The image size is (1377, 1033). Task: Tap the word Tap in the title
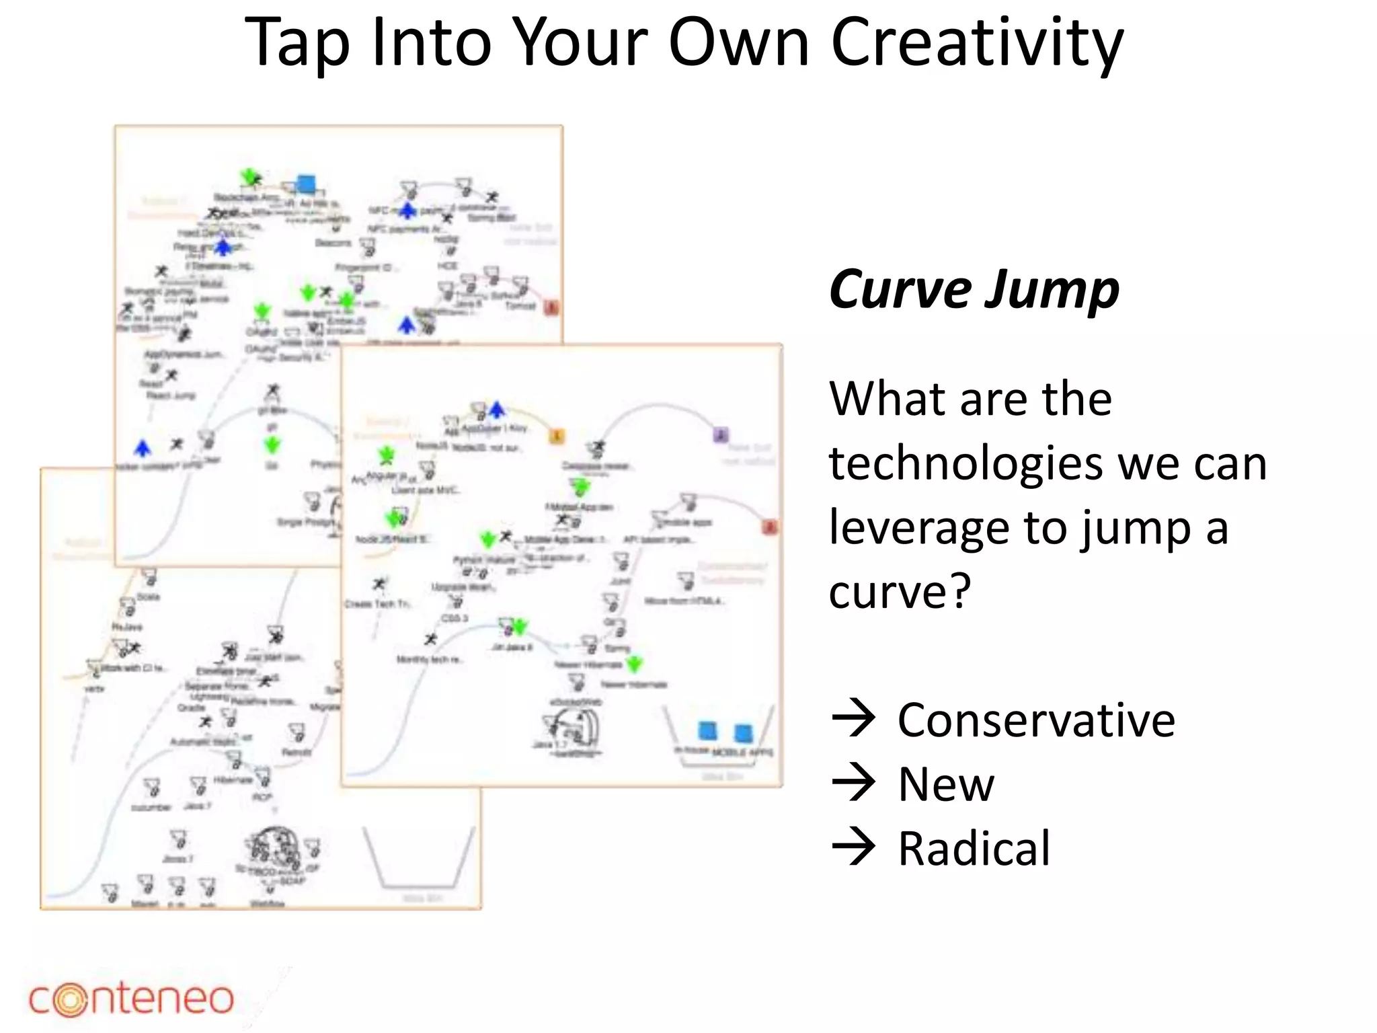click(297, 43)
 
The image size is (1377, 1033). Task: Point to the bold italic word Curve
click(900, 290)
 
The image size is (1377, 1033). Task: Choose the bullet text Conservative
click(1036, 720)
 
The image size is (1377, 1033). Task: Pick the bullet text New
click(945, 784)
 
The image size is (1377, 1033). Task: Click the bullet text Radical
click(974, 849)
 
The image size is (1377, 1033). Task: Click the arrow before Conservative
click(853, 719)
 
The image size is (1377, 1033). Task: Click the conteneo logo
click(131, 999)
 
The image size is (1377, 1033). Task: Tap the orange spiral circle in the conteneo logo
click(70, 1000)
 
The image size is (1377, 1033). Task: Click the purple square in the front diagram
click(720, 434)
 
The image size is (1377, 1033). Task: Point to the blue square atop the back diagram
click(306, 183)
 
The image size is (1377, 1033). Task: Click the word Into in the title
click(430, 43)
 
